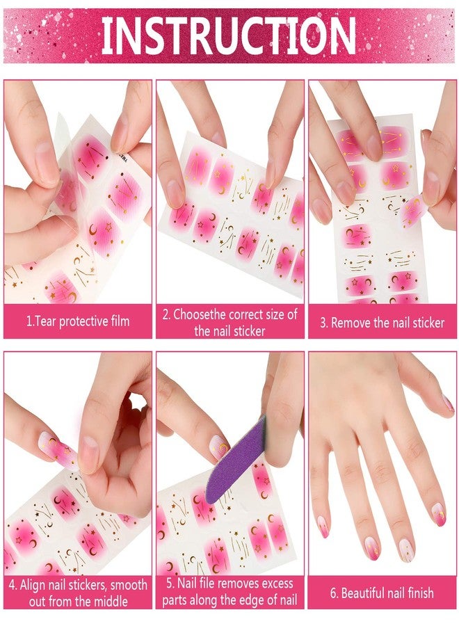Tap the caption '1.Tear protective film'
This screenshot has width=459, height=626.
tap(78, 322)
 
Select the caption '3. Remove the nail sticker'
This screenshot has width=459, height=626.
tap(382, 323)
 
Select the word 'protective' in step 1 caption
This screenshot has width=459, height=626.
tap(85, 322)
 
